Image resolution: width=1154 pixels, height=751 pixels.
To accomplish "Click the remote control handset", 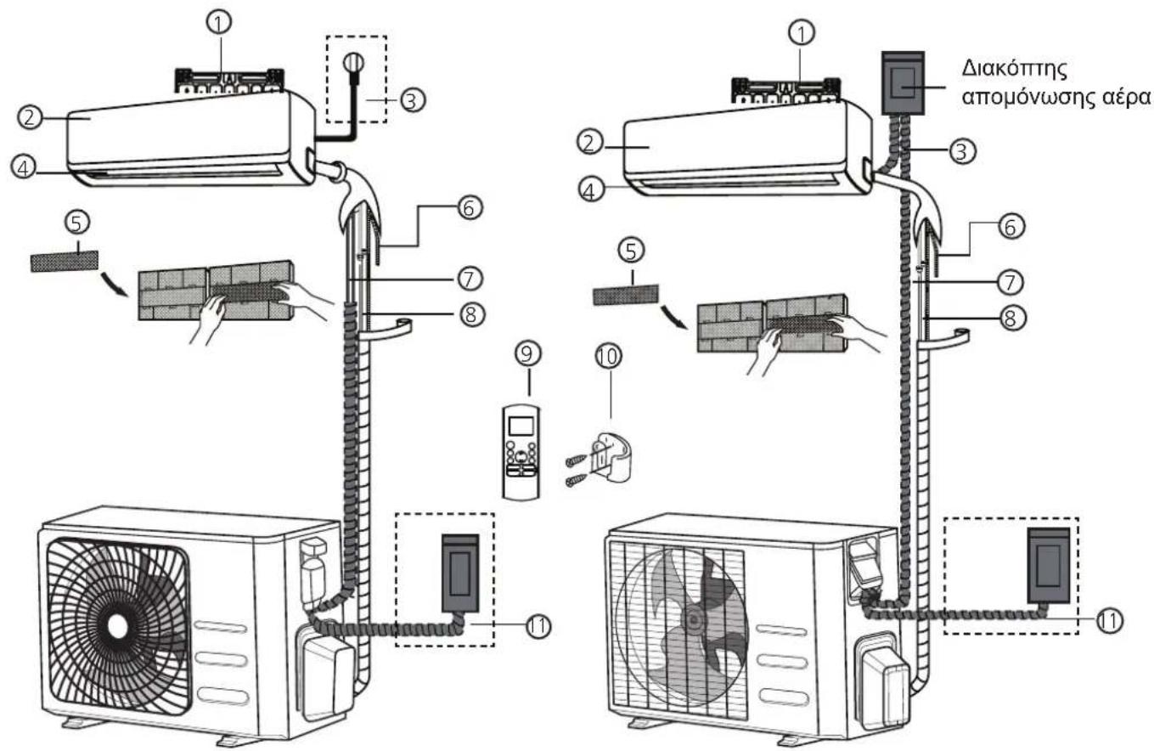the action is click(x=521, y=452).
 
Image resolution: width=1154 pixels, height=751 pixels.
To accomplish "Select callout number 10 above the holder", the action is click(x=609, y=357).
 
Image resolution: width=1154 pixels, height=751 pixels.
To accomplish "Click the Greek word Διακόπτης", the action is click(x=1013, y=70).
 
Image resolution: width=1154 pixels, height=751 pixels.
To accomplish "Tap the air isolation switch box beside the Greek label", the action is click(x=903, y=83).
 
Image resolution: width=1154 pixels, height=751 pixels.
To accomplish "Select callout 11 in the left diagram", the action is click(x=538, y=627).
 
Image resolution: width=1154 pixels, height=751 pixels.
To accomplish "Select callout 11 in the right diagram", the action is click(x=1109, y=620).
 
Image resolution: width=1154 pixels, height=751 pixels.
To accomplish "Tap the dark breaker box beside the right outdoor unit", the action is click(x=1048, y=565).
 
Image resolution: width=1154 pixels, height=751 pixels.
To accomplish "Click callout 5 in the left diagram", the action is click(x=77, y=223).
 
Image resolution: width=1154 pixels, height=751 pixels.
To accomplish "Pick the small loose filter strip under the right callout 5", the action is click(x=626, y=296).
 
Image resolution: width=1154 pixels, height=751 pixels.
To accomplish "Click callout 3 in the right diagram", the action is click(x=962, y=151).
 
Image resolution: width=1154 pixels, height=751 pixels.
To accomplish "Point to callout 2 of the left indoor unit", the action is click(x=30, y=117).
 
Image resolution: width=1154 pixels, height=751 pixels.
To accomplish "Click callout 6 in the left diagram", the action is click(x=470, y=208).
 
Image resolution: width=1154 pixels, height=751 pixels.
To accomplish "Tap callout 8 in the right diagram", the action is click(x=1010, y=318).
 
